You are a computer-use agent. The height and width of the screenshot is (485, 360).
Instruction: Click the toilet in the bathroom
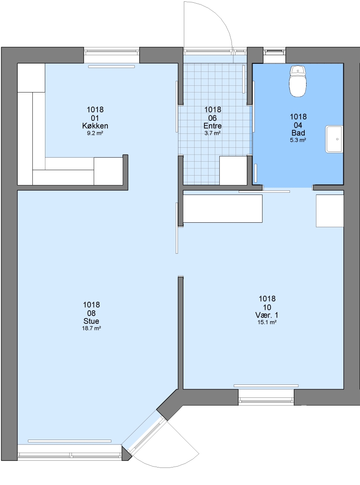point(298,81)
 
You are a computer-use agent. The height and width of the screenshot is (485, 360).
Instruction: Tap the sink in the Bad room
point(334,139)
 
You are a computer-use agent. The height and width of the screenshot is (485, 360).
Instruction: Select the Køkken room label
point(95,126)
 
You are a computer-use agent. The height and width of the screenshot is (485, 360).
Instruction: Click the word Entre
point(212,126)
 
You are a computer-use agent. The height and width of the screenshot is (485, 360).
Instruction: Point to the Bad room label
point(298,133)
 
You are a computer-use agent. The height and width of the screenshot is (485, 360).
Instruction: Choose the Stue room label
point(91,321)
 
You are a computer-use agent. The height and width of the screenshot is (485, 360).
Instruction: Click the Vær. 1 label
point(267,315)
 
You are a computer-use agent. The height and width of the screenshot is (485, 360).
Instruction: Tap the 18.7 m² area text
point(91,328)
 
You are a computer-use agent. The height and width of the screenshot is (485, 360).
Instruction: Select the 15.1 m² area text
point(267,322)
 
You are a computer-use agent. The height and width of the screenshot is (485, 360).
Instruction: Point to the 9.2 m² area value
point(95,133)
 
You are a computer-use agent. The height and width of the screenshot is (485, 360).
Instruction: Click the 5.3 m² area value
point(298,140)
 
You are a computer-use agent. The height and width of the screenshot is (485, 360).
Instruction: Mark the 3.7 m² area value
point(212,133)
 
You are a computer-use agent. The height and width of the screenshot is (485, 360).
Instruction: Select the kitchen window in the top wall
point(112,52)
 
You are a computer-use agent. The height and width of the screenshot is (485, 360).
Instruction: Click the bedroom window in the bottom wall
point(266,397)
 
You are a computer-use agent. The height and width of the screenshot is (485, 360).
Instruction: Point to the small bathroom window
point(274,51)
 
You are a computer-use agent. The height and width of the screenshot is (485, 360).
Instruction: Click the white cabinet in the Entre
point(233,171)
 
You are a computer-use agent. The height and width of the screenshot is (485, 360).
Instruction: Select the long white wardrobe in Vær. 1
point(222,208)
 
